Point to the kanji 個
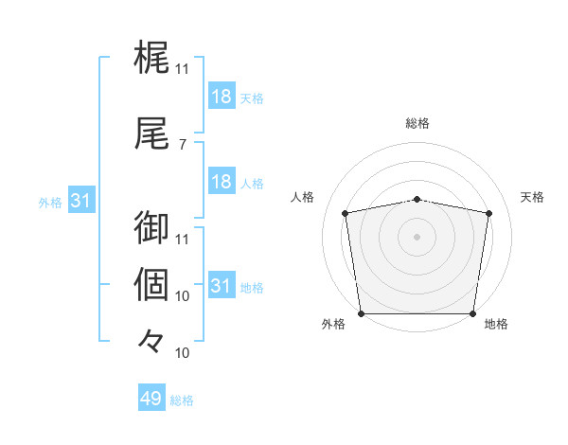(152, 283)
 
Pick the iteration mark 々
(152, 340)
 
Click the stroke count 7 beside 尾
(182, 144)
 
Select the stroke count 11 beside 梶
(182, 69)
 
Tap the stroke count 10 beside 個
(182, 296)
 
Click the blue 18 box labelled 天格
(221, 97)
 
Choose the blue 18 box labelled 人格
(221, 182)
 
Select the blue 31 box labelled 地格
(221, 286)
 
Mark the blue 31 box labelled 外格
(81, 201)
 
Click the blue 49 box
(151, 400)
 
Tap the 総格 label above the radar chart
(417, 123)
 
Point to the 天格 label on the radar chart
(533, 197)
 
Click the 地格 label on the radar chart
(496, 325)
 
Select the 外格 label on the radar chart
(333, 325)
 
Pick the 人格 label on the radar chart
(302, 197)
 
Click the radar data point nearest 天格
(489, 213)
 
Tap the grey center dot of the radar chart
(417, 236)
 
